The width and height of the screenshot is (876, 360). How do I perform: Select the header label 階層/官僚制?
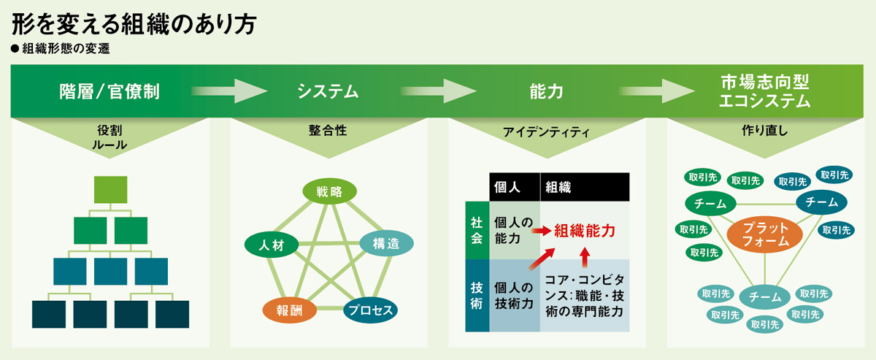109,91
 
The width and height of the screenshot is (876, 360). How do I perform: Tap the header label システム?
328,91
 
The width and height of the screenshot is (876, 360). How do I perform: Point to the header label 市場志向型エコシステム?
764,91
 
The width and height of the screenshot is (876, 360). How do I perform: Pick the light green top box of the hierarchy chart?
110,189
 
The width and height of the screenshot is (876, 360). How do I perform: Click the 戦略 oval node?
329,191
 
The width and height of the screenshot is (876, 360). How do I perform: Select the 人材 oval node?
271,244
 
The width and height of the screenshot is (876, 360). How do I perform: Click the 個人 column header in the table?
513,187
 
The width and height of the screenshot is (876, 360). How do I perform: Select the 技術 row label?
476,296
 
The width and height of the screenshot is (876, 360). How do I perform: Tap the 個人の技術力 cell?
514,296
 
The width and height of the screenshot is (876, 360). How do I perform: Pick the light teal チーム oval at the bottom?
765,297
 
